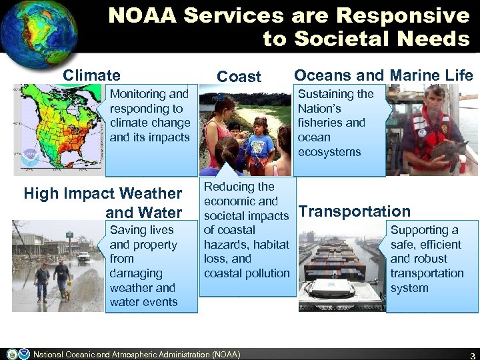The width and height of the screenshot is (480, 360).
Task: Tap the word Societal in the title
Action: tap(335, 39)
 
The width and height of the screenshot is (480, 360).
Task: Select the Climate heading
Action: tap(91, 76)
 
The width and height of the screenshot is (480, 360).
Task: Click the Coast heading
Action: tap(239, 77)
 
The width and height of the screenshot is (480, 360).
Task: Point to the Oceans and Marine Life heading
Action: tap(383, 76)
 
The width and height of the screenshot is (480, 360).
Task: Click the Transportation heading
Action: tap(355, 211)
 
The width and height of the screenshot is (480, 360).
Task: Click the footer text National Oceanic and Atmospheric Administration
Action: tap(137, 354)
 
